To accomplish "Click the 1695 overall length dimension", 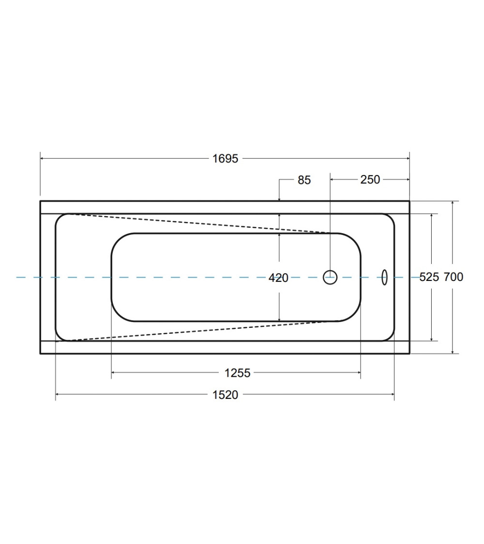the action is (x=226, y=159).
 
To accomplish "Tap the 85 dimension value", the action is (x=304, y=180).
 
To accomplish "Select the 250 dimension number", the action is (x=370, y=179).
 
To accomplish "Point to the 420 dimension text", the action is (x=278, y=278).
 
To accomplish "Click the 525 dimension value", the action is (x=429, y=277).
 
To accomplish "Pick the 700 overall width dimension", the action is (x=454, y=277).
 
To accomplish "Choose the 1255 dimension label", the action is (x=238, y=373).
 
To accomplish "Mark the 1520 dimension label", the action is (x=226, y=395).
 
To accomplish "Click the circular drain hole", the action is (x=330, y=277).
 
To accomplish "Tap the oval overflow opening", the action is (x=384, y=277).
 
